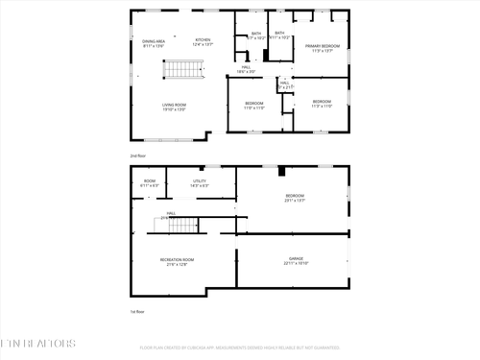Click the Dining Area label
tap(155, 41)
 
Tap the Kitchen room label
tap(203, 39)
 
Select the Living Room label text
tap(173, 105)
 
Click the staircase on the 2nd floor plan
tap(182, 69)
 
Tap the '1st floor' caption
tap(137, 311)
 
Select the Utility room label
tap(200, 180)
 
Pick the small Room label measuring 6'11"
tap(150, 180)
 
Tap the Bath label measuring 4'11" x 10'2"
tap(279, 34)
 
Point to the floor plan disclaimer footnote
tap(239, 347)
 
